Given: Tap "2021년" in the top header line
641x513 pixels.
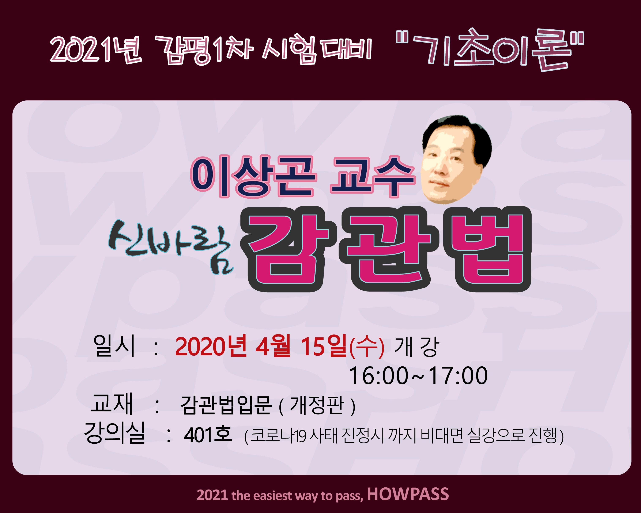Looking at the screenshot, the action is coord(96,50).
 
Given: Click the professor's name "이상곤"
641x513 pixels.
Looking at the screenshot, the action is coord(252,177).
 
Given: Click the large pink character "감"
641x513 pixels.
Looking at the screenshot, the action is coord(288,249).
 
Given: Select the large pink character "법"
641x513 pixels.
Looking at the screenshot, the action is coord(487,249).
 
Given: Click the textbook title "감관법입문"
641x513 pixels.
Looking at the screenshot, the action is coord(226,405).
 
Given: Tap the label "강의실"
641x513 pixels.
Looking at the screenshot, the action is coord(115,432).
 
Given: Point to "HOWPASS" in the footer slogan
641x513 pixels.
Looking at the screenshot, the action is coord(408,494).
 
